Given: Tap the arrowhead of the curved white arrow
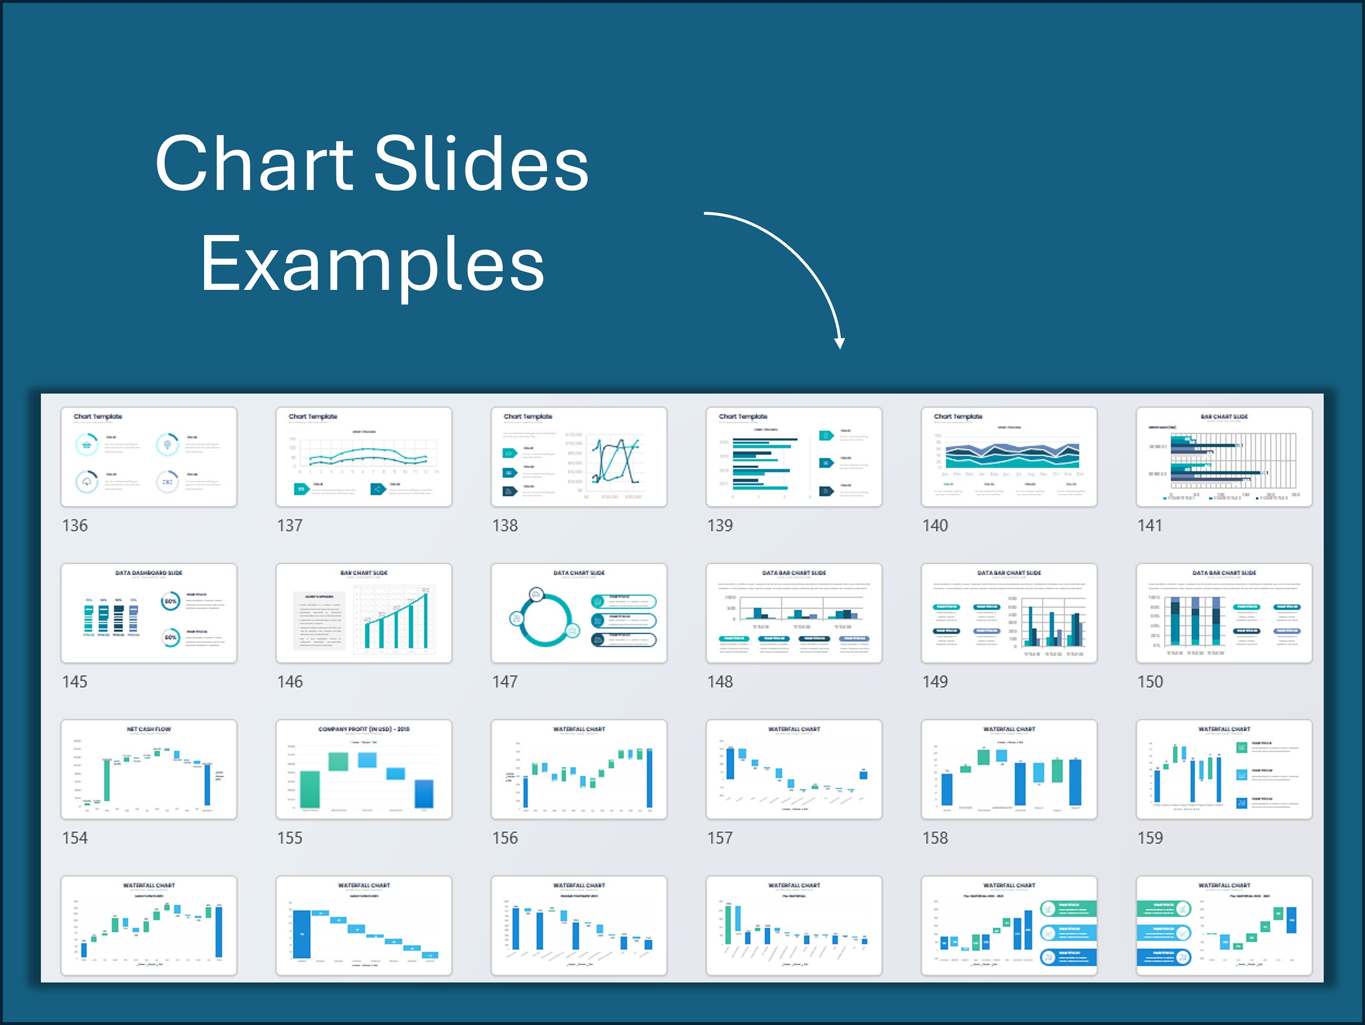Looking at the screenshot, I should (839, 343).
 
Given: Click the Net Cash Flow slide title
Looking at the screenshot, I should (149, 729).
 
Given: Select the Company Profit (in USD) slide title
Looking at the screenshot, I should (364, 729).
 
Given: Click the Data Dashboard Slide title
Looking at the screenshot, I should (149, 573).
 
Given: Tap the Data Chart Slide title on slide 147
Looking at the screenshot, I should (578, 573).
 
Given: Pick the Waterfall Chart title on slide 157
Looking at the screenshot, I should (794, 729).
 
